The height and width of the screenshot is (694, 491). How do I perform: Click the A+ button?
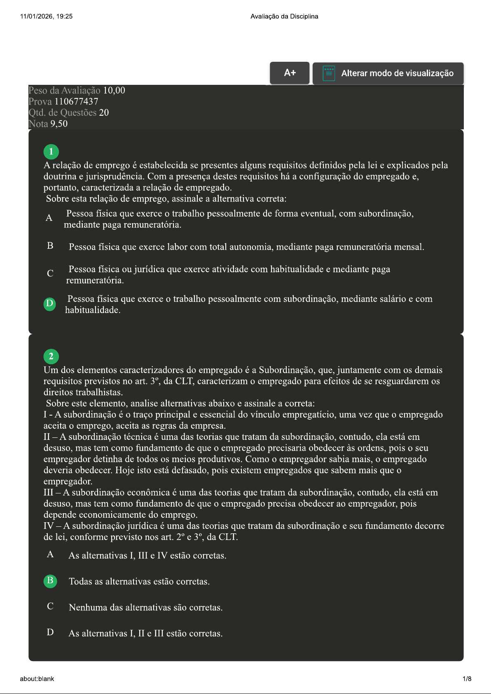tap(290, 73)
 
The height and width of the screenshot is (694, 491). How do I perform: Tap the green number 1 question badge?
tap(51, 152)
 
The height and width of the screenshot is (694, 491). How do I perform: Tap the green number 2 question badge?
tap(51, 356)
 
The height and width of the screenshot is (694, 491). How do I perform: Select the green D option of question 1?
tap(50, 304)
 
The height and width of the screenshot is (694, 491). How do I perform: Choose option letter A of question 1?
tap(49, 218)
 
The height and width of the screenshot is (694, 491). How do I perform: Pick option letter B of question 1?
tap(50, 246)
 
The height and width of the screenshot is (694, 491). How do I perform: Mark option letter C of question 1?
tap(50, 273)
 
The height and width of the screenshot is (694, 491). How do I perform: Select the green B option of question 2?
tap(50, 581)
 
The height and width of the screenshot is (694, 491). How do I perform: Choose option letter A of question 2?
tap(50, 554)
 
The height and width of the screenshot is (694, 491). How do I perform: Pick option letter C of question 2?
tap(50, 606)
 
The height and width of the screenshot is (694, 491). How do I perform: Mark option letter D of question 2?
tap(50, 632)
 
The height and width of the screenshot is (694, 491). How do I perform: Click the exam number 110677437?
tap(76, 101)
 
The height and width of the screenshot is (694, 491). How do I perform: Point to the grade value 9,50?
tap(59, 124)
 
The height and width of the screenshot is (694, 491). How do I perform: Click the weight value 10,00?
tap(114, 90)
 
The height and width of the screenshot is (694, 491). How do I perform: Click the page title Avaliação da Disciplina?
tap(284, 16)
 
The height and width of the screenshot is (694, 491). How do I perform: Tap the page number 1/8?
tap(467, 679)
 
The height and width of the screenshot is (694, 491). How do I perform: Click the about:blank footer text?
tap(37, 679)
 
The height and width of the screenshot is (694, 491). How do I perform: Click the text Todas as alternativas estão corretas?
tap(139, 582)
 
